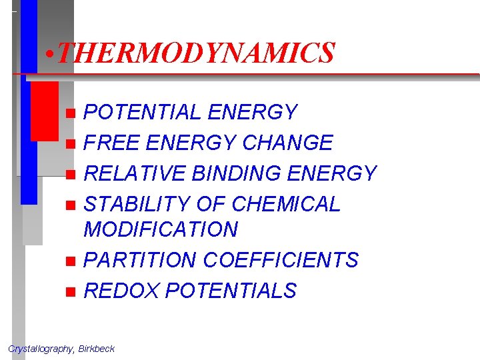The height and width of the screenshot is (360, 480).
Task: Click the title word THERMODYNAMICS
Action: click(x=195, y=53)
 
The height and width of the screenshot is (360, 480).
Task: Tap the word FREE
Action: click(x=110, y=143)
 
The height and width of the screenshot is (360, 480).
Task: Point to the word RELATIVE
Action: click(x=135, y=173)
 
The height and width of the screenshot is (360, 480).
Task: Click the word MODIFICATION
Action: click(x=161, y=229)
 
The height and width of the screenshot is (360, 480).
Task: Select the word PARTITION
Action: click(x=140, y=260)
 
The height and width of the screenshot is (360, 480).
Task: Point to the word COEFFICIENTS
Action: click(x=281, y=260)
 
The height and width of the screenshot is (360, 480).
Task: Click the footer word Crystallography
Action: click(x=41, y=349)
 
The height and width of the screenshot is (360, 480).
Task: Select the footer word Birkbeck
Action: click(x=97, y=349)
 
